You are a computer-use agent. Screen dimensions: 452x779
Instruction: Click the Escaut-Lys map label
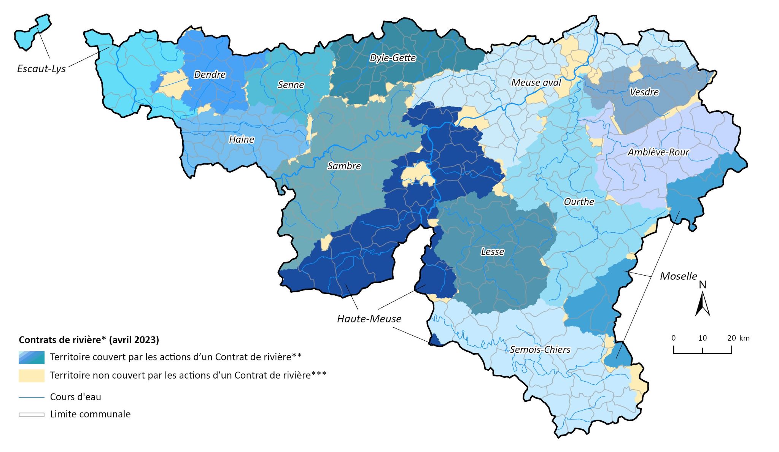[x=41, y=69]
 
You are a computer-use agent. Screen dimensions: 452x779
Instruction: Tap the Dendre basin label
[x=210, y=75]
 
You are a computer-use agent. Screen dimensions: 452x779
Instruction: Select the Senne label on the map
[x=291, y=85]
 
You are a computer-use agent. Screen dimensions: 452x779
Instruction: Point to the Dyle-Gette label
[x=393, y=58]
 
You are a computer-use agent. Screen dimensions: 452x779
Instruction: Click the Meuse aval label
[x=536, y=82]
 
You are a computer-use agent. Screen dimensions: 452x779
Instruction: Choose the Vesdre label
[x=644, y=92]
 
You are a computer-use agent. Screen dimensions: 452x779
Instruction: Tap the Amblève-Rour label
[x=658, y=152]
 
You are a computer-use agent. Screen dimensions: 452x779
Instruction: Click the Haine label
[x=242, y=140]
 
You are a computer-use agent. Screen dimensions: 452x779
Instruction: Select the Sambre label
[x=344, y=166]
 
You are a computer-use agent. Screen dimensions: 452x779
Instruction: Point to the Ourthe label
[x=579, y=202]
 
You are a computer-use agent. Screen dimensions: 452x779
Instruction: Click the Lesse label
[x=492, y=252]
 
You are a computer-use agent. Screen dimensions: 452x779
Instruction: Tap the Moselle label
[x=678, y=276]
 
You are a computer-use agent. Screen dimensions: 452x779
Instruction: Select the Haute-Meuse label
[x=369, y=319]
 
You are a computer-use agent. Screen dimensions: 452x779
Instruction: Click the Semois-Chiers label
[x=540, y=350]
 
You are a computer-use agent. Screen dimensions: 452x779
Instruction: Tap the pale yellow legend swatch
[x=32, y=376]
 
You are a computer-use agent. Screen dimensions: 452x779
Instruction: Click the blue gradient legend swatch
[x=32, y=357]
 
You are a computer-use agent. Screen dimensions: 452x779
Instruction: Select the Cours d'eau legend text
[x=75, y=397]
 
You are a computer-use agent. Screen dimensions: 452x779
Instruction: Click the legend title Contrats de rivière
[x=89, y=340]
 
